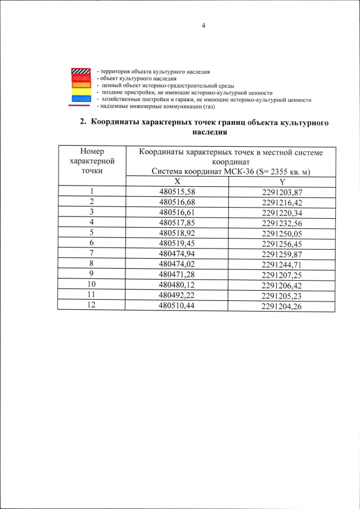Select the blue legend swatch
tap(81, 99)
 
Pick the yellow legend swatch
tap(81, 92)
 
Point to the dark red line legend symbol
tap(81, 106)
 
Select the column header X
tap(177, 182)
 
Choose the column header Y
tap(282, 182)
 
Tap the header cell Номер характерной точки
tap(91, 161)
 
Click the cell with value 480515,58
tap(177, 192)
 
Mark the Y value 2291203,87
tap(282, 192)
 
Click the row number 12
tap(91, 304)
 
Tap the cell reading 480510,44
tap(177, 304)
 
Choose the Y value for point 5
tap(282, 233)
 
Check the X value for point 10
tap(177, 284)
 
